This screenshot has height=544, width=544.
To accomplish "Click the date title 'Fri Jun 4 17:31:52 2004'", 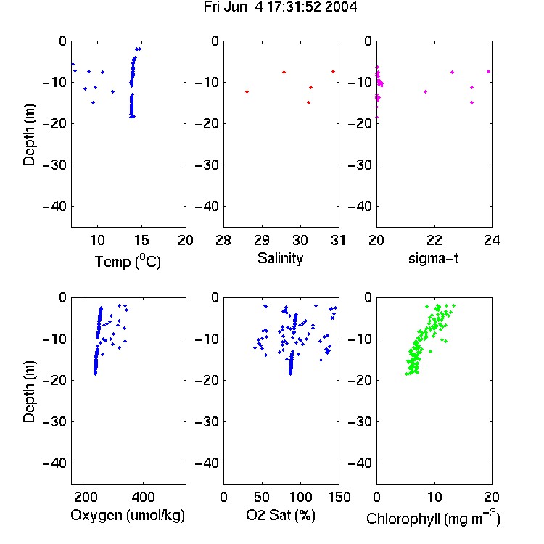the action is [x=280, y=7].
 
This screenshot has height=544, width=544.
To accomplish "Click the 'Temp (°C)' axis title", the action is [x=128, y=261].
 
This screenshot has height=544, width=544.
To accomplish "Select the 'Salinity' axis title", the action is [x=280, y=258].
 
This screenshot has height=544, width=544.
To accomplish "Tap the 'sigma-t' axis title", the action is [x=433, y=258].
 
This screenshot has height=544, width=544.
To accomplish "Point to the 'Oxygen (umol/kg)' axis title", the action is [x=128, y=515].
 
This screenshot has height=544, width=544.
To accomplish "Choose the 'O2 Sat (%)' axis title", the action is [x=280, y=515].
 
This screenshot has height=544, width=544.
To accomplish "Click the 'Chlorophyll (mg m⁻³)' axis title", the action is [x=433, y=518].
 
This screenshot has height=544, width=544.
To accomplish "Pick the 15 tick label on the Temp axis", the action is [x=141, y=240].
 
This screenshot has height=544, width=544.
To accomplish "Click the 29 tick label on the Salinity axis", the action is [x=262, y=240].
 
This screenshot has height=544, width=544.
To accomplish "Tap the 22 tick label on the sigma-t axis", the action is [x=434, y=240].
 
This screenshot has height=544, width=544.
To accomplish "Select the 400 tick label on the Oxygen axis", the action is [x=143, y=497].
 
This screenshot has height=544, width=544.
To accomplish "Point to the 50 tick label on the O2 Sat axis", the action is [x=262, y=497].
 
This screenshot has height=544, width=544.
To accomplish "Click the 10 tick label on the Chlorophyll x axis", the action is [x=434, y=497].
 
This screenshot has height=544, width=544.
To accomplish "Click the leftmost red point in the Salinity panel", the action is [x=247, y=91].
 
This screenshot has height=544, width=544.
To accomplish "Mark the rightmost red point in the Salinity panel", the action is [x=333, y=72].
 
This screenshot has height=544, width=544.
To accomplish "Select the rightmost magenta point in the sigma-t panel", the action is [x=488, y=72].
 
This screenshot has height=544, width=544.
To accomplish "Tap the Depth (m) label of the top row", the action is [x=29, y=135].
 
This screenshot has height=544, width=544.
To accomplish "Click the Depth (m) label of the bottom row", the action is [x=29, y=392].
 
